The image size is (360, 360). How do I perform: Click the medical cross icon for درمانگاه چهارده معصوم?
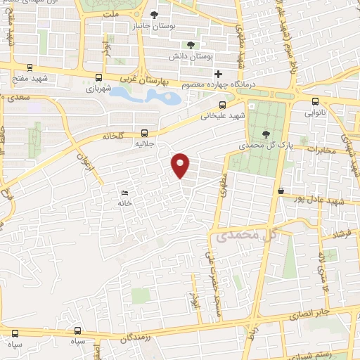click(219, 74)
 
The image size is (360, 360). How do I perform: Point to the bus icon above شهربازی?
click(98, 78)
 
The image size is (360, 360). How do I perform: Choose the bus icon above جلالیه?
click(145, 131)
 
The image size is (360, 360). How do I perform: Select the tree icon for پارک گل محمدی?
click(264, 134)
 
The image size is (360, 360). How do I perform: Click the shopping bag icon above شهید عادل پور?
click(281, 191)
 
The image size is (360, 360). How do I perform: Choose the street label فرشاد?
click(342, 233)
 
